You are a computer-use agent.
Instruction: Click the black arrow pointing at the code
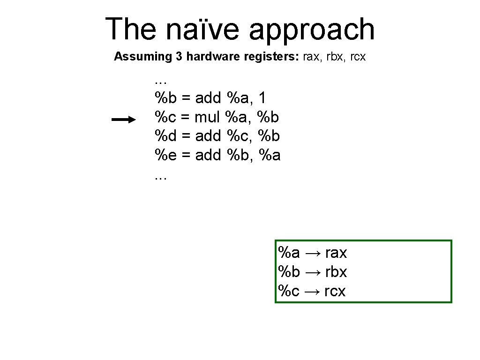click(123, 120)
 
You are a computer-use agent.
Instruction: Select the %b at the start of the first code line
click(165, 98)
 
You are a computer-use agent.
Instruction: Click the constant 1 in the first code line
click(262, 98)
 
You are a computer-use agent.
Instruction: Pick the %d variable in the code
click(165, 136)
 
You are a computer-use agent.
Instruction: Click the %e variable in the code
click(165, 155)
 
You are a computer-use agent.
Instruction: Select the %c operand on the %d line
click(238, 136)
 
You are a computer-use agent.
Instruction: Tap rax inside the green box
click(336, 253)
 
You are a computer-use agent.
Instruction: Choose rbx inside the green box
click(336, 272)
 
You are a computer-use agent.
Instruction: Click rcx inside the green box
click(335, 291)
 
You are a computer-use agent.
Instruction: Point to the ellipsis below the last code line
click(160, 178)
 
